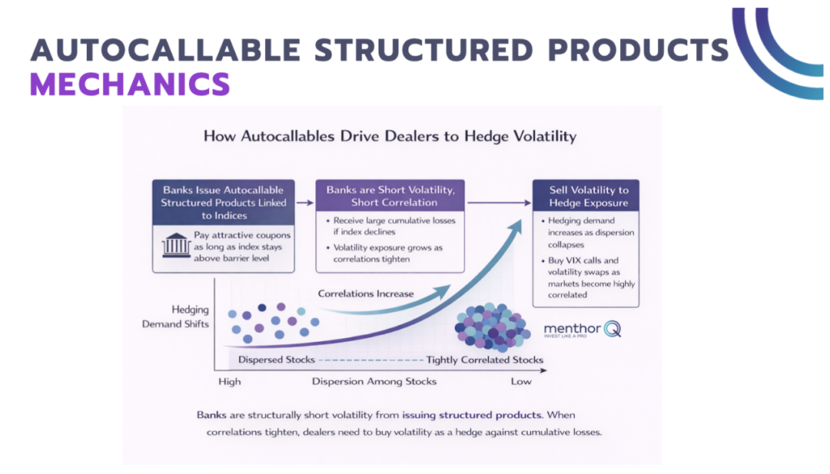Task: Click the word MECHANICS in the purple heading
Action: click(130, 84)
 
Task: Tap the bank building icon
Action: click(176, 245)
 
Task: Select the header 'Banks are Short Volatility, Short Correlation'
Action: click(390, 196)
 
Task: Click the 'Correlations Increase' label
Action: click(366, 293)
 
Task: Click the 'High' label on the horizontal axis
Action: click(229, 381)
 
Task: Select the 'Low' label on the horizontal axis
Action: click(520, 381)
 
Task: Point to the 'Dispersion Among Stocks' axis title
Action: click(374, 381)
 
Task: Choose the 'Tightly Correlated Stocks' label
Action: click(485, 360)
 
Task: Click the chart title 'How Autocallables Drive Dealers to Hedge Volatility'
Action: click(390, 136)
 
